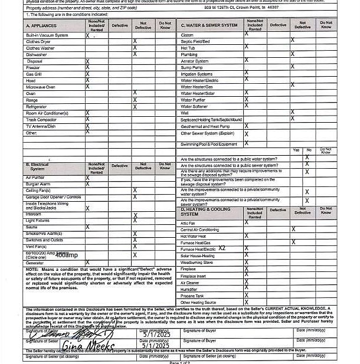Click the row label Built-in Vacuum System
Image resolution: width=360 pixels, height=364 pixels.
(x=47, y=35)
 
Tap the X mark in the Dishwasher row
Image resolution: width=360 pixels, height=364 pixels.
(x=135, y=54)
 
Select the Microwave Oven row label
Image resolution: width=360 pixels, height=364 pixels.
(x=41, y=87)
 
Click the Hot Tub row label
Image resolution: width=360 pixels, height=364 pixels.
(x=188, y=48)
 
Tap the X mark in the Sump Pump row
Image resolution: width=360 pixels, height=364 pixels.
(x=246, y=67)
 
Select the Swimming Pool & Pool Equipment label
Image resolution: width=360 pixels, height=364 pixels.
(x=209, y=144)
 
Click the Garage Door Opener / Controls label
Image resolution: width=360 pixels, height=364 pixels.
(x=53, y=196)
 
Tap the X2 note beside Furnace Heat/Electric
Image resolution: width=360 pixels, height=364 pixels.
(x=222, y=248)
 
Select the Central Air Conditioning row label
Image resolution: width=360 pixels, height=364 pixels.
(x=199, y=229)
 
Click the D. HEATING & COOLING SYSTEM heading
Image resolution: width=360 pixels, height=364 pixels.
(x=205, y=211)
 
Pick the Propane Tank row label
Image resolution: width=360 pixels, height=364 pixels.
(x=192, y=296)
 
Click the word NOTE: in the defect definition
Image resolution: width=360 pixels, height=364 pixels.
(x=32, y=269)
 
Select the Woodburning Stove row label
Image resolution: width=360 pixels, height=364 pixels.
(x=197, y=263)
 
